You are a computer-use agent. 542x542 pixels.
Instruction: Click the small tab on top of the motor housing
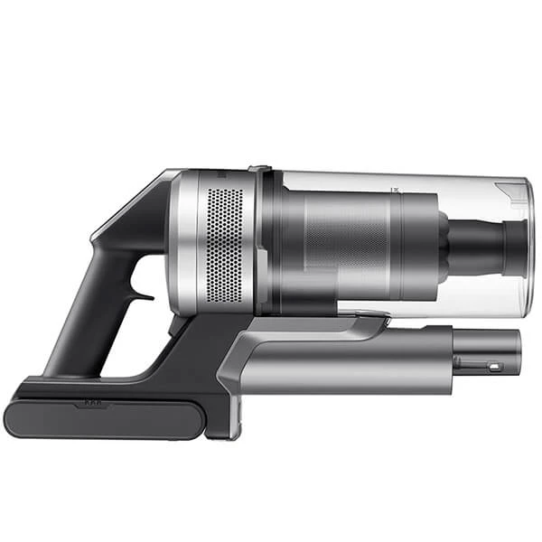click(x=258, y=167)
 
